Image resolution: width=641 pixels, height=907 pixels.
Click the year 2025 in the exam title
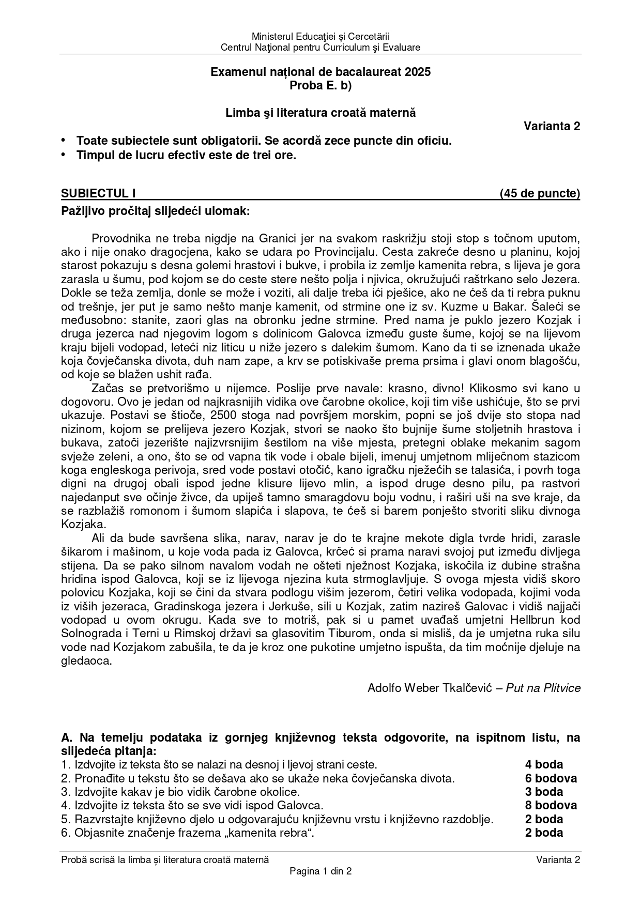coord(418,72)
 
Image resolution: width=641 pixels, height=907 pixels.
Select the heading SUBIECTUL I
coord(98,193)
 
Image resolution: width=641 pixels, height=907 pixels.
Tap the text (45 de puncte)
coord(540,193)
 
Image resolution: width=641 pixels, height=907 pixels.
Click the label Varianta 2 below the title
coord(552,126)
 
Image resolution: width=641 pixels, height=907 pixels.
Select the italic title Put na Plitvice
coord(543,688)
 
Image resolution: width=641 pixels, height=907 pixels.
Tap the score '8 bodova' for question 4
coord(551,805)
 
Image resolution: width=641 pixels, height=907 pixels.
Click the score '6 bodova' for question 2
coord(551,778)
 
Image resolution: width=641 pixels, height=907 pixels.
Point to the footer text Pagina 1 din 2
coord(320,871)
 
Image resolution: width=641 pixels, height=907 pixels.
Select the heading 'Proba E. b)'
coord(320,86)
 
